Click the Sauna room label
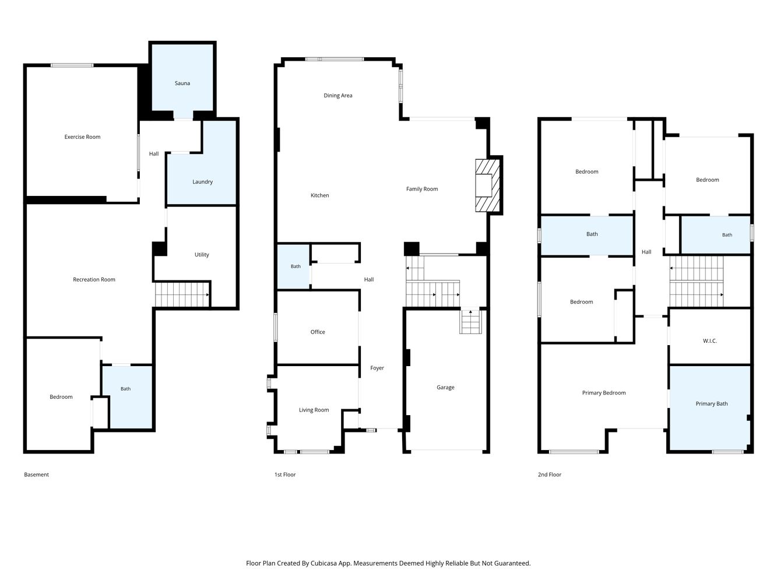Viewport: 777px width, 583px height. [x=182, y=83]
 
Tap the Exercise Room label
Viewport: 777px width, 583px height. [x=82, y=137]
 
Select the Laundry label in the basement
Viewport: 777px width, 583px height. [x=202, y=181]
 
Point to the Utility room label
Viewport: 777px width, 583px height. [x=202, y=255]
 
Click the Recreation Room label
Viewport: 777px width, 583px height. [x=94, y=279]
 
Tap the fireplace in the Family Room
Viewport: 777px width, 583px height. [x=487, y=185]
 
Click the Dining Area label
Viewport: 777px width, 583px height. [x=338, y=95]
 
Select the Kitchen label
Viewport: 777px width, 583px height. [x=319, y=195]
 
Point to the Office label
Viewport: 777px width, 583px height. [x=318, y=332]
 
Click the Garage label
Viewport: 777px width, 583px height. [x=445, y=387]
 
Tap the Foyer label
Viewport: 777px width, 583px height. [x=377, y=368]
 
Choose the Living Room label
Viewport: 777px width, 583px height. [x=314, y=410]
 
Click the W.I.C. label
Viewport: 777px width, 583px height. [x=710, y=341]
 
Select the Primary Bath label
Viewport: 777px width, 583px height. [x=712, y=403]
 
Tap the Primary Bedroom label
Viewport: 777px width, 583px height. [x=604, y=392]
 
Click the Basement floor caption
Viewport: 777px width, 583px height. [x=37, y=475]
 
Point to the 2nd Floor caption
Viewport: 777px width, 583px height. [x=550, y=475]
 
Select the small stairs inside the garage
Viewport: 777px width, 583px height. [x=471, y=321]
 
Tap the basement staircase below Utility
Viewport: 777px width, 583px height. [x=182, y=294]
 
